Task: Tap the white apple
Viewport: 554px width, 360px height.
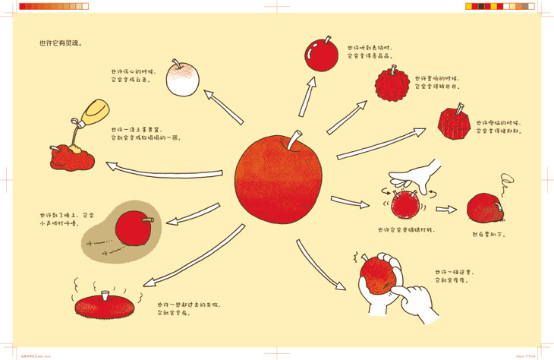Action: click(180, 80)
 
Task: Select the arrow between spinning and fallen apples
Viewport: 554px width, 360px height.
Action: click(446, 207)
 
